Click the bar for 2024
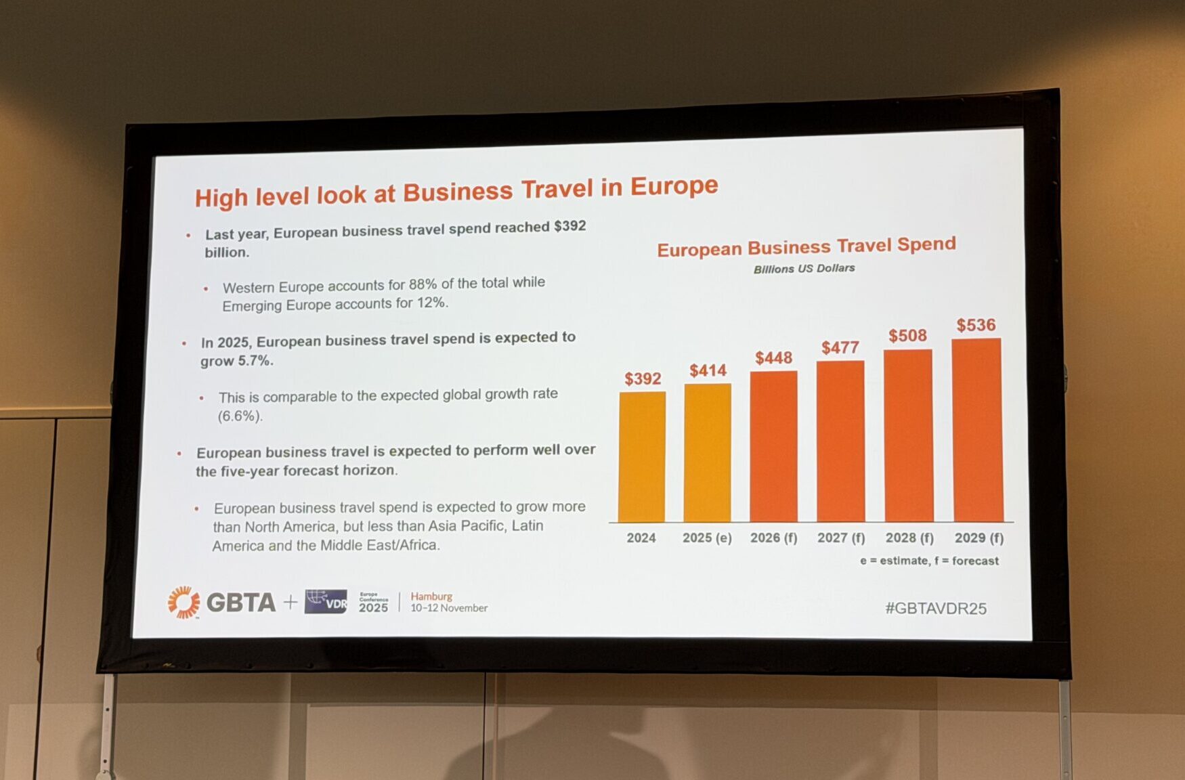tap(642, 457)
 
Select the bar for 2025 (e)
tap(708, 452)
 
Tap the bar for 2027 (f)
tap(840, 441)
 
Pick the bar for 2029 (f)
tap(978, 430)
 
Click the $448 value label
tap(773, 358)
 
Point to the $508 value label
tap(907, 336)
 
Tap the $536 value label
tap(976, 326)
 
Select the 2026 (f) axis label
tap(773, 538)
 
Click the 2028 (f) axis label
tap(909, 538)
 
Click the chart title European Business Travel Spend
tap(806, 246)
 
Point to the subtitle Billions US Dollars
tap(804, 269)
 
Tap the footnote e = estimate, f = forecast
tap(929, 561)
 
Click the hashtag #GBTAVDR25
tap(935, 608)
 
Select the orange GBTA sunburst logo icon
tap(184, 602)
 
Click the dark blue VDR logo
tap(326, 601)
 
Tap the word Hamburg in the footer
tap(431, 597)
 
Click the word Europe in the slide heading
tap(674, 186)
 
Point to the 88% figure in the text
tap(423, 284)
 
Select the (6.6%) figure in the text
tap(240, 416)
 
